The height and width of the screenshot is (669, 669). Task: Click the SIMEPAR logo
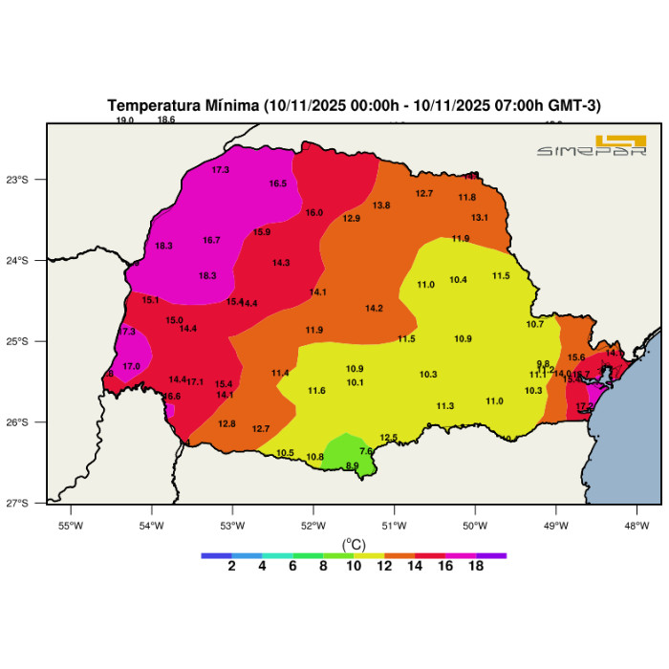point(592,146)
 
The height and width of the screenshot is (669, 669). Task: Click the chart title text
point(354,105)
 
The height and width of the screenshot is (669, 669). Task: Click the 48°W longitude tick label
point(637,525)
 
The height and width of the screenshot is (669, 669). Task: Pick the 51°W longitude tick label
point(395,525)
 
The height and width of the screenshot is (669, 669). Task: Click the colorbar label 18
point(476,566)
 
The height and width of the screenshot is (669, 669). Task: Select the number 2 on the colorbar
point(231,566)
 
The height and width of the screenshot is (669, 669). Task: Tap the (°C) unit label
point(354,544)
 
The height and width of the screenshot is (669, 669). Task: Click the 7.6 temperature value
point(366,451)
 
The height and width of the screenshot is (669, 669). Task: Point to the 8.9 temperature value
point(353,466)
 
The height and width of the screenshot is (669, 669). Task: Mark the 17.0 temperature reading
point(132,366)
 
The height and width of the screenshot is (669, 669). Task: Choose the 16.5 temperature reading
point(278,183)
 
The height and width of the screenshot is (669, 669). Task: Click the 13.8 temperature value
point(381,205)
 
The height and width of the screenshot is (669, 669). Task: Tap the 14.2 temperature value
point(374,309)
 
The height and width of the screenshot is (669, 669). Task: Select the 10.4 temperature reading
point(458,280)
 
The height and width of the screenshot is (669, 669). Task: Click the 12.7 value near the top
point(424,194)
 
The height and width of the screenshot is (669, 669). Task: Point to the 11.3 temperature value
point(445,406)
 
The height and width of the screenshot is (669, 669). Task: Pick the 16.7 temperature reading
point(212,240)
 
